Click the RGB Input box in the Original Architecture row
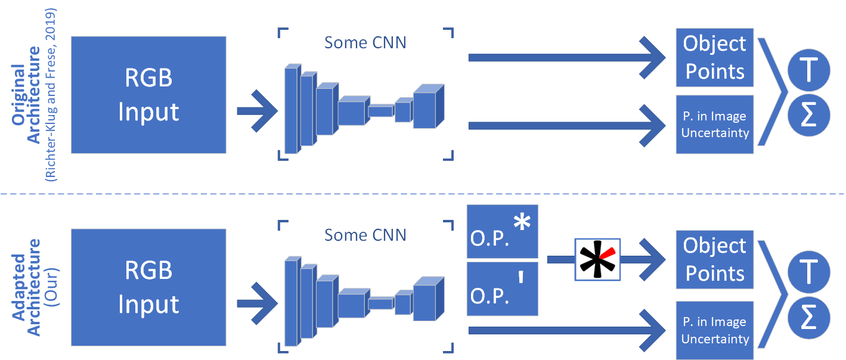tap(148, 95)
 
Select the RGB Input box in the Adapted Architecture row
tap(148, 287)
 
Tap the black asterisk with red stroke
tap(597, 259)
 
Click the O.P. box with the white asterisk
tap(502, 231)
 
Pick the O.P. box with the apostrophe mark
tap(502, 288)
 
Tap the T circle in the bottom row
tap(808, 272)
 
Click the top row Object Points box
tap(714, 57)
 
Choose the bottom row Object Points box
tap(714, 259)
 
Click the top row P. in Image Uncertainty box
tap(714, 125)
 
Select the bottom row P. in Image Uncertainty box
tap(714, 330)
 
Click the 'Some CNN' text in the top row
tap(365, 43)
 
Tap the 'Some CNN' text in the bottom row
tap(365, 235)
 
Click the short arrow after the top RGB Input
tap(257, 111)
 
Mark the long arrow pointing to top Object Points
tap(566, 57)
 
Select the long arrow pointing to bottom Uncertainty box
tap(566, 331)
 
